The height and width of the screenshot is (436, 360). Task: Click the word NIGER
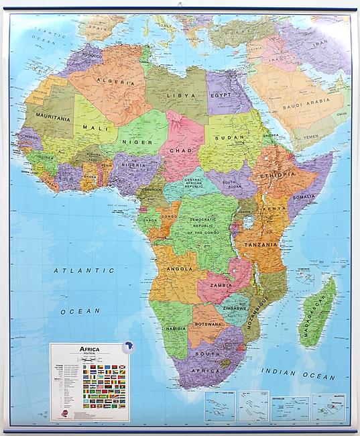[132, 143]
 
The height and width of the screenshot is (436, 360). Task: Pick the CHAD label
[182, 151]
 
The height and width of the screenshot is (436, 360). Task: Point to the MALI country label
[91, 126]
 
